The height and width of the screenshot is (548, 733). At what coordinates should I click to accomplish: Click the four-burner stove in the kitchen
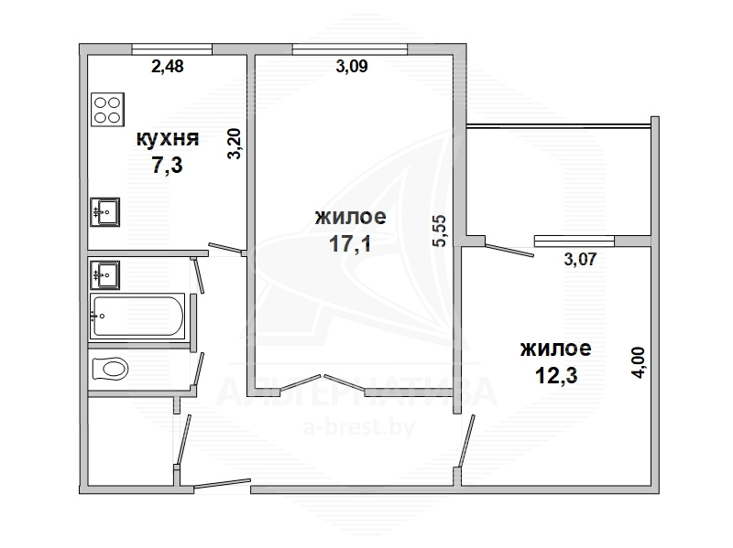(108, 110)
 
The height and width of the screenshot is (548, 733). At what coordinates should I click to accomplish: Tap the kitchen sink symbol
(104, 212)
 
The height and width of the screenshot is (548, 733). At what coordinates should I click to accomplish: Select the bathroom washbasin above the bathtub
(104, 275)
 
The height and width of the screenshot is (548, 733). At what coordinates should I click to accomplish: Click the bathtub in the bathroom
(137, 316)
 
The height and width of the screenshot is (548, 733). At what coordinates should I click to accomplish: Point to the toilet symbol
(110, 369)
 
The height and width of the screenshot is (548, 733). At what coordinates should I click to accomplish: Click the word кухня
(168, 139)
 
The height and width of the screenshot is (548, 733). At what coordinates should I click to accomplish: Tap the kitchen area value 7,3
(167, 165)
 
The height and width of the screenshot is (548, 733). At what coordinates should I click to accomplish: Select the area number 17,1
(350, 243)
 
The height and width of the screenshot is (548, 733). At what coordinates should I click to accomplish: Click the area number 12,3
(556, 375)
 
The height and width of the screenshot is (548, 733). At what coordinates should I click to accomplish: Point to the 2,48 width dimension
(168, 66)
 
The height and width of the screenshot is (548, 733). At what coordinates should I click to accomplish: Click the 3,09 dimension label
(352, 66)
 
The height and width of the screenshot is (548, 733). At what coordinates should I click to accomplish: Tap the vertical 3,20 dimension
(235, 144)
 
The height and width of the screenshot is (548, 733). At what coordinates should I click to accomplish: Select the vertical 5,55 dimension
(440, 231)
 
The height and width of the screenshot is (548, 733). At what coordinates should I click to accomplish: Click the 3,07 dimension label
(580, 259)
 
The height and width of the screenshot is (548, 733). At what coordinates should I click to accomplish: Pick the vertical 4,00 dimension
(638, 362)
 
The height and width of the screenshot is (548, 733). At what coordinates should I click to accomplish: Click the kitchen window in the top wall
(172, 49)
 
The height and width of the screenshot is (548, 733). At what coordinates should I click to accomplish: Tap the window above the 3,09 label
(350, 49)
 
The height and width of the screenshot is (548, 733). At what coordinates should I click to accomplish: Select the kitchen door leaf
(224, 248)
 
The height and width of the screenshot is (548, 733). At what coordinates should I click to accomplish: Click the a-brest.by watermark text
(359, 427)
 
